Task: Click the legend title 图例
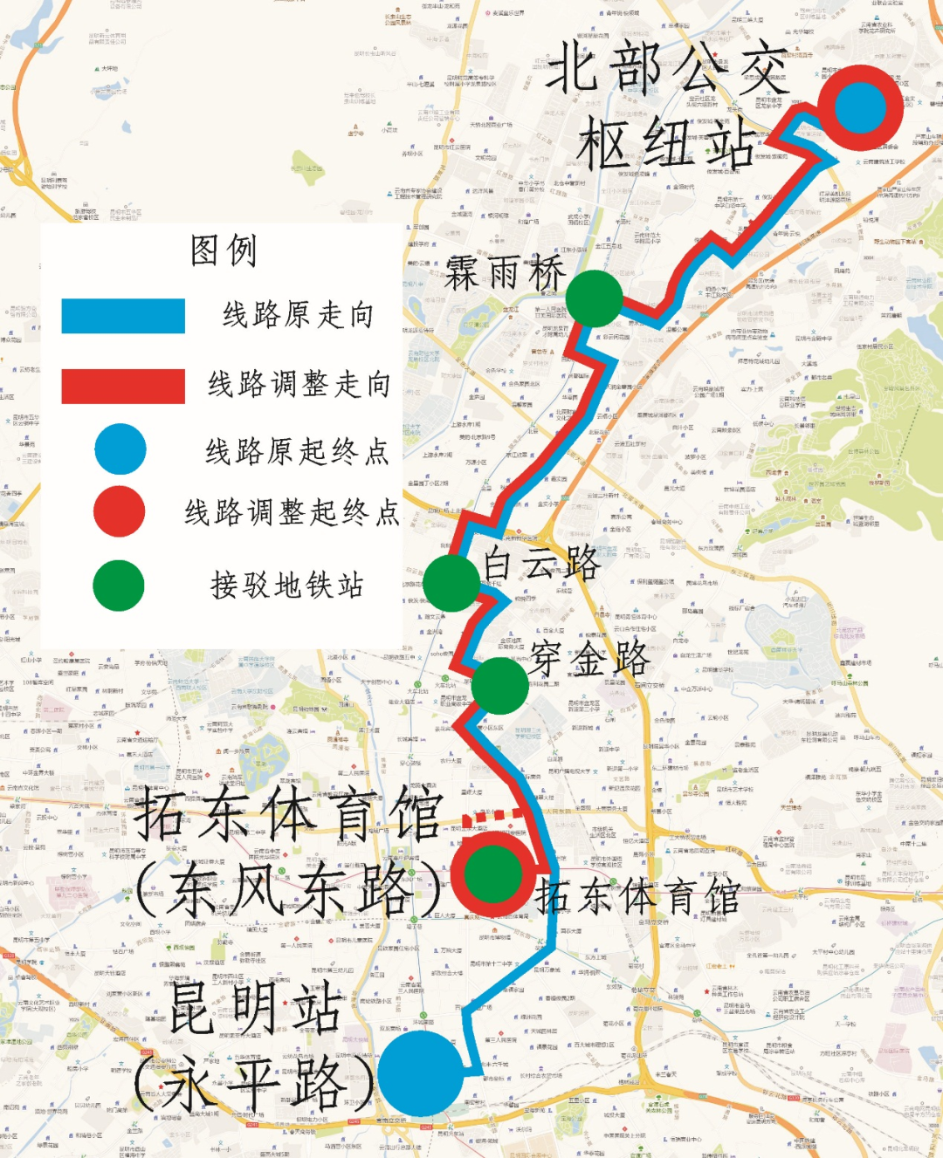pos(224,251)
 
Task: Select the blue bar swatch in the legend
pos(123,316)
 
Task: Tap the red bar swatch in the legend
pos(123,386)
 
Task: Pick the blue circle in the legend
pos(120,449)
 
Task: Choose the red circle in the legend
pos(119,511)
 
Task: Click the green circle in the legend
pos(119,586)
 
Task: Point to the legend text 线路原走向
pos(298,315)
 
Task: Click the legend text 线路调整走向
pos(299,384)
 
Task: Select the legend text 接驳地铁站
pos(286,586)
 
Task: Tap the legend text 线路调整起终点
pos(292,512)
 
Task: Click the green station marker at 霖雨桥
pos(594,298)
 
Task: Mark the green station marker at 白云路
pos(451,582)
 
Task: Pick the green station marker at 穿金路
pos(499,686)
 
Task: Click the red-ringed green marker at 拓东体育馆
pos(492,874)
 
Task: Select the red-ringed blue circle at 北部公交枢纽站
pos(860,107)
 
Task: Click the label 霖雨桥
pos(505,274)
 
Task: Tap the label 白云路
pos(542,563)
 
